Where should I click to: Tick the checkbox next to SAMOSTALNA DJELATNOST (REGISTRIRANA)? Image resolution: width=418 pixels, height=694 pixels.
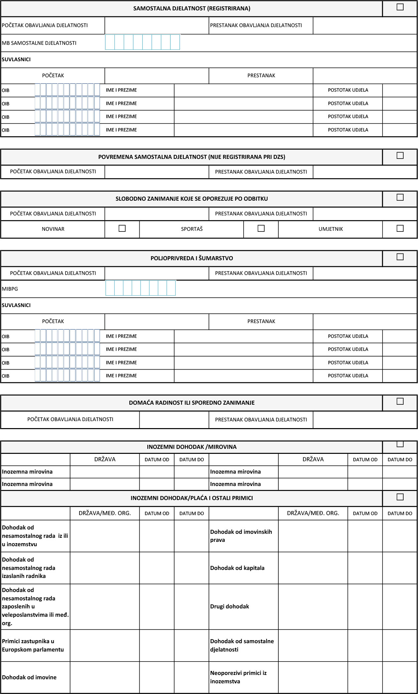tap(400, 7)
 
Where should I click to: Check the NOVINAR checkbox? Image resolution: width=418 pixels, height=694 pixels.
tap(122, 228)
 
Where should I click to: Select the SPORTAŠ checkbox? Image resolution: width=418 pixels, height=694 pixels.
tap(261, 228)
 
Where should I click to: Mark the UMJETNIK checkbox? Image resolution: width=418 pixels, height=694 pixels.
tap(400, 228)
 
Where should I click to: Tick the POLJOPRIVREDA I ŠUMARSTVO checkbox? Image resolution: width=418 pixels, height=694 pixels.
tap(400, 257)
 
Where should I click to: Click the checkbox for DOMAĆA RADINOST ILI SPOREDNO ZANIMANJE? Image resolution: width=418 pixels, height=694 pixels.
tap(400, 401)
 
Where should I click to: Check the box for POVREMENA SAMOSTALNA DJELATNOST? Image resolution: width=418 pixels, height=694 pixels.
tap(400, 156)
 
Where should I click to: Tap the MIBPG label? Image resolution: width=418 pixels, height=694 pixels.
tap(10, 289)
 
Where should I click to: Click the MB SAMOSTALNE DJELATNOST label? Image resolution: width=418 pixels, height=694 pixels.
tap(39, 43)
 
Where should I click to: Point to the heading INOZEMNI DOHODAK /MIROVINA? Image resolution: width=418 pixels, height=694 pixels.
tap(191, 447)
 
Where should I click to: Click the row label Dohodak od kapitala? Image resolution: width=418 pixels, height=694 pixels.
tap(237, 568)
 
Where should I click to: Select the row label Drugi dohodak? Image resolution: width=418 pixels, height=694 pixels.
tap(230, 606)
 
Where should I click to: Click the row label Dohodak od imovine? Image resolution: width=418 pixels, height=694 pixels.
tap(29, 677)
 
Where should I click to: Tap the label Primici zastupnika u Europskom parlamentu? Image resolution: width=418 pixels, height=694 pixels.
tap(33, 645)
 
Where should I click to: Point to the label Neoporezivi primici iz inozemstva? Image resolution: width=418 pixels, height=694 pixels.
tap(238, 677)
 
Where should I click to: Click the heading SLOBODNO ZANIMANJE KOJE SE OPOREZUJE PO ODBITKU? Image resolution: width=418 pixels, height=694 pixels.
tap(191, 199)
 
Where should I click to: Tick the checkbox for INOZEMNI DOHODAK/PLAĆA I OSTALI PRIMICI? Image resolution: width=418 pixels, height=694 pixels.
tap(400, 497)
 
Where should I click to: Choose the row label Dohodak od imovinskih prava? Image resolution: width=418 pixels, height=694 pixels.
tap(241, 536)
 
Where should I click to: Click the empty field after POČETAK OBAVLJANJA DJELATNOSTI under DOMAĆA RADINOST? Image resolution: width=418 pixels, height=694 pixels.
tap(174, 419)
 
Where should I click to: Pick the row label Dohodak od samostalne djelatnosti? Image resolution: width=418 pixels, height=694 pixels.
tap(242, 645)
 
